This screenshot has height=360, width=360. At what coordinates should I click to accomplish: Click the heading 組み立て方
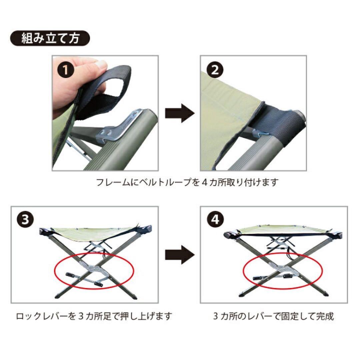tap(50, 39)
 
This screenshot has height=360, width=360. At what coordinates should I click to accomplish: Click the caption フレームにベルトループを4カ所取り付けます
tap(187, 183)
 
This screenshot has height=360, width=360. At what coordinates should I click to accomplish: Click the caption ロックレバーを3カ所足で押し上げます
tap(94, 316)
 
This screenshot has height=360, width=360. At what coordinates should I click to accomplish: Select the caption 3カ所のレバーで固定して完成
tap(273, 316)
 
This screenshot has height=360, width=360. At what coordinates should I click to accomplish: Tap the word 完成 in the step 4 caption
tap(326, 316)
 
